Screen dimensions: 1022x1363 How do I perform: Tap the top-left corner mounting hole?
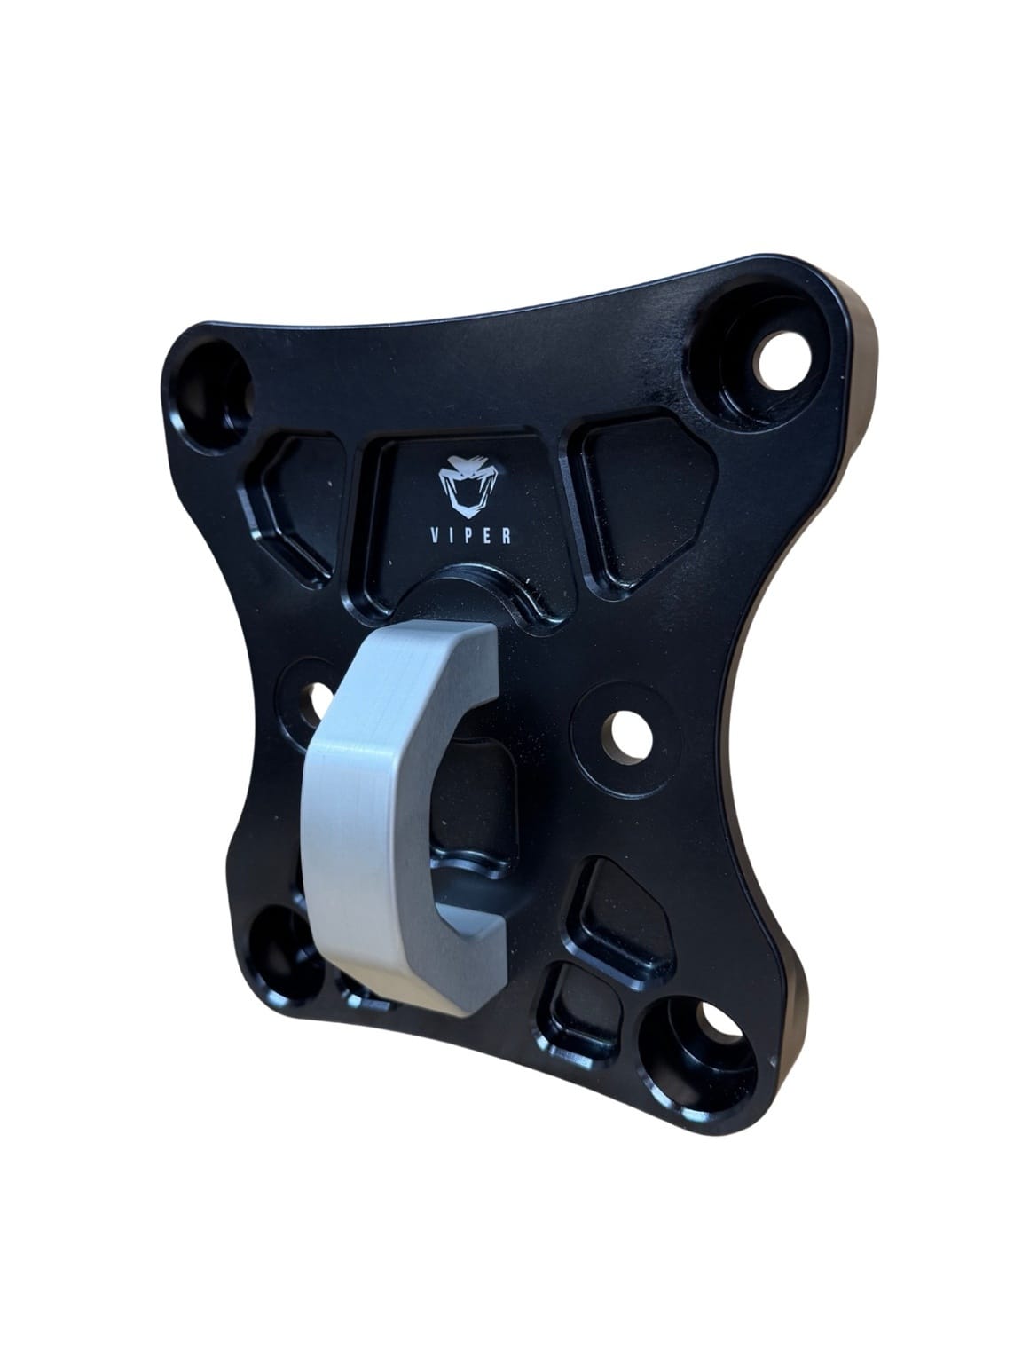coord(214,390)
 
